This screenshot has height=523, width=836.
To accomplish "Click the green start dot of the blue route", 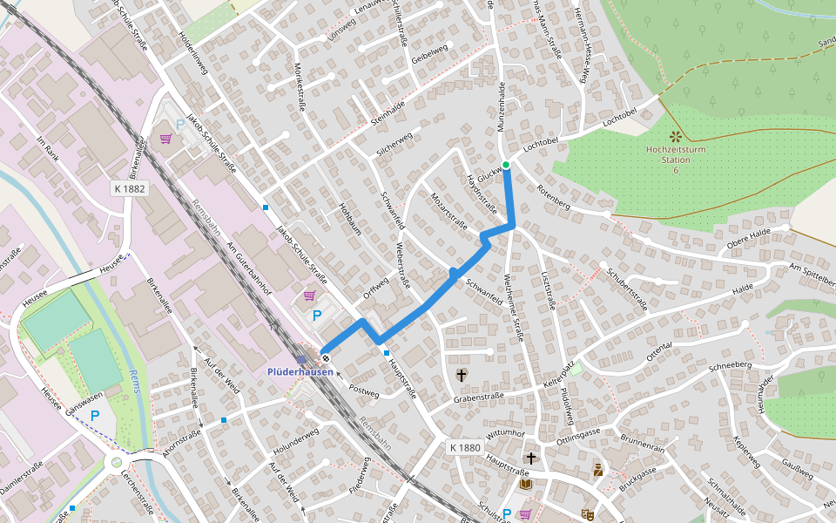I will click(505, 164).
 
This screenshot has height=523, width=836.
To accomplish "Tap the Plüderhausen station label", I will click(300, 371).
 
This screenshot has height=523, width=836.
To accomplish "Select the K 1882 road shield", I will click(129, 188).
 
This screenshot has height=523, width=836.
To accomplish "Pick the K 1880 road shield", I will click(465, 447).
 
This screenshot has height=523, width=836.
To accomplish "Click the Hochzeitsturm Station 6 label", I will click(675, 160).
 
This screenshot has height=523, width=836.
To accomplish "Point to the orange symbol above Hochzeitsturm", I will click(675, 136).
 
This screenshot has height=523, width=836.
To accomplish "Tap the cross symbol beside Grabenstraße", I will click(461, 376).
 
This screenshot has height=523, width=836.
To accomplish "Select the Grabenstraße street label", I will click(478, 398).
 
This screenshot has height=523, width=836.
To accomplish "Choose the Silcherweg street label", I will click(394, 145).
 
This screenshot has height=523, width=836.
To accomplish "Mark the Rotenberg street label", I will click(553, 200).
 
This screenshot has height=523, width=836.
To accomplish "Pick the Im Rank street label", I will click(46, 153).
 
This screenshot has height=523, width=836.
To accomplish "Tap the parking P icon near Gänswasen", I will click(95, 417).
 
